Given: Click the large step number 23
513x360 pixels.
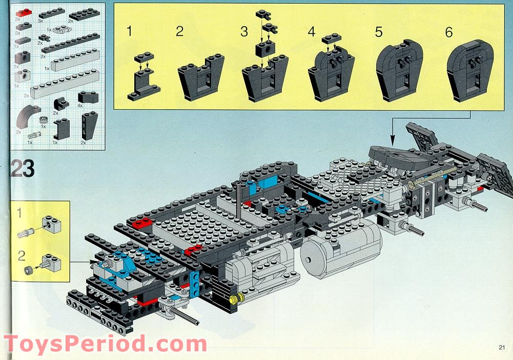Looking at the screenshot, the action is [x=22, y=169].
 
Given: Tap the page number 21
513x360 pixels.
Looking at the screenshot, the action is [x=502, y=348].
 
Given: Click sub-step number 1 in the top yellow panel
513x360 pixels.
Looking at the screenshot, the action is [x=129, y=31].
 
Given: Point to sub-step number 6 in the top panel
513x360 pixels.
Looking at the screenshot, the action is [x=449, y=32].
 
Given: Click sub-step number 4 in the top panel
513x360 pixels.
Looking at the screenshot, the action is [x=311, y=32].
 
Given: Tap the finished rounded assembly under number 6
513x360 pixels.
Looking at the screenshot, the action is [x=470, y=70].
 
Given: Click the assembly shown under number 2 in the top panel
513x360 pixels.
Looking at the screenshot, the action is [x=201, y=77].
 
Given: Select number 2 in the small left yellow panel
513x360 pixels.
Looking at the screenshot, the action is [x=21, y=255].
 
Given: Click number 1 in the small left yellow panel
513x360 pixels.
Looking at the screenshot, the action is [x=19, y=213].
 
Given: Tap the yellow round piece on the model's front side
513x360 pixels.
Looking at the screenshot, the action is [x=235, y=298].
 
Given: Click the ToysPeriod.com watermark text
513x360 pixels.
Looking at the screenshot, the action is [x=106, y=344].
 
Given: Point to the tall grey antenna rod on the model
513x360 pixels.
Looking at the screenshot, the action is [x=238, y=201].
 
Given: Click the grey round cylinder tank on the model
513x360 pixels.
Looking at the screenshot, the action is [x=340, y=249].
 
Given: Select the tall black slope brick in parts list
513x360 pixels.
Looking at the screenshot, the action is [x=89, y=125].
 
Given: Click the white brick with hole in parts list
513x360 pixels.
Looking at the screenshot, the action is [x=23, y=76].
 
